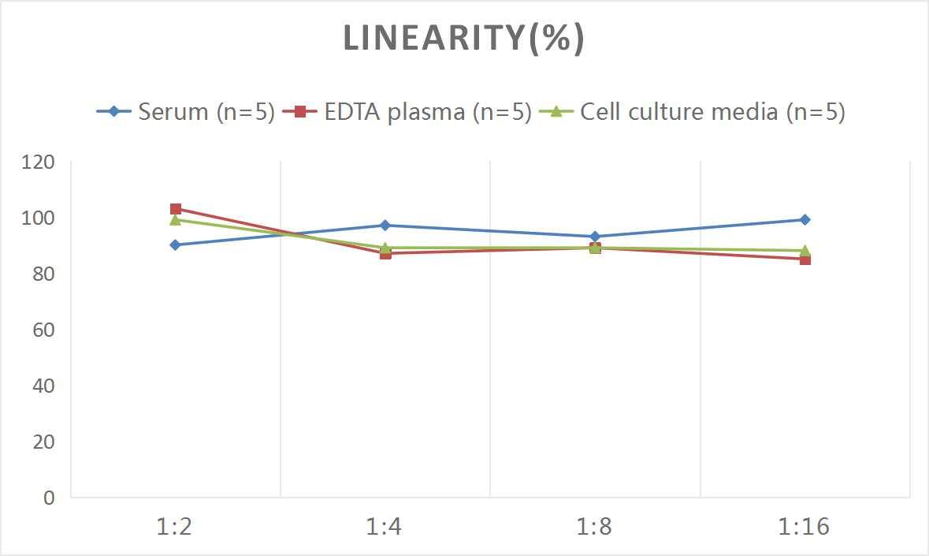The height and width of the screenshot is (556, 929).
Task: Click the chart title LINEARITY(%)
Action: tap(463, 39)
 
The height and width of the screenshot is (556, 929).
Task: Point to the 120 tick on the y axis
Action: tap(39, 162)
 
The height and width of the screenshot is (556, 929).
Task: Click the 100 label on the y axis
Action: tap(39, 218)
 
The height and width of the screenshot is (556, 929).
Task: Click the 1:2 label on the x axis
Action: tap(175, 527)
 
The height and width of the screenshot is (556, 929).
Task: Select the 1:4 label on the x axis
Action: tap(385, 527)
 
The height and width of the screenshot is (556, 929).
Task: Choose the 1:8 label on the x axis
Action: tap(595, 527)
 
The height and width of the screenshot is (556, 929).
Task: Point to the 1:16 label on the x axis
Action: tap(805, 527)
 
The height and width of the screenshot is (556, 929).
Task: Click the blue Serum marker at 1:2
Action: tap(175, 245)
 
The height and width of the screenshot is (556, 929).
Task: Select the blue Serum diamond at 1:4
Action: tap(385, 226)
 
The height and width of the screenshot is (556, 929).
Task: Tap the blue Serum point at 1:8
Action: tap(595, 237)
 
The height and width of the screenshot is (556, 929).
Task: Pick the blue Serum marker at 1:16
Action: tap(805, 220)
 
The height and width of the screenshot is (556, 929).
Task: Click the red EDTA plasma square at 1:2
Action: tap(175, 209)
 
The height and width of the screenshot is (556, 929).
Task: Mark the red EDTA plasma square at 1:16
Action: tap(805, 259)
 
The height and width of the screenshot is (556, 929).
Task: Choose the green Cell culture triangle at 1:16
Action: tap(805, 250)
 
